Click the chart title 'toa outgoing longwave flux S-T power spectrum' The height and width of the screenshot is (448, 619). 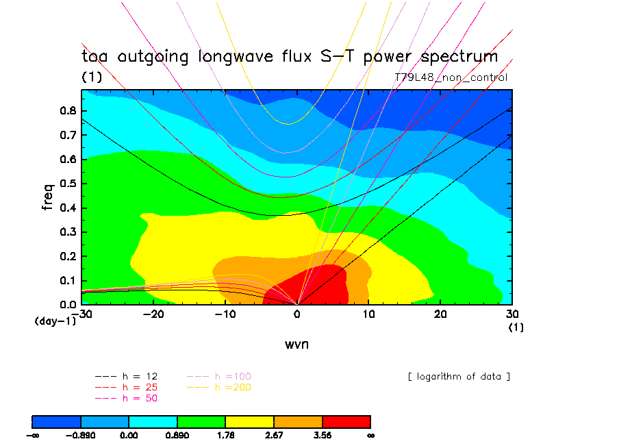pos(290,56)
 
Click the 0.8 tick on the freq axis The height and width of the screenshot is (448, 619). pos(68,111)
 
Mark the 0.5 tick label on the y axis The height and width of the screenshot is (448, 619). pos(68,184)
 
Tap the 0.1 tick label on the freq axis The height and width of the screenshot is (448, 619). pos(68,280)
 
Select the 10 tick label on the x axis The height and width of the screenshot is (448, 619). pos(368,313)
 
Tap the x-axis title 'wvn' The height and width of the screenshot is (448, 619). pos(296,344)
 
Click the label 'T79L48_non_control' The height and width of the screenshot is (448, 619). pos(451,77)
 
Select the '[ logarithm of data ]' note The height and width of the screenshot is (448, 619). pos(459,377)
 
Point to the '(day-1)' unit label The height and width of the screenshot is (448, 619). pos(55,321)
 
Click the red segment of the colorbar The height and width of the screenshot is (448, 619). pos(346,421)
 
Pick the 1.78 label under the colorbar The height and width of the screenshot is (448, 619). pos(225,435)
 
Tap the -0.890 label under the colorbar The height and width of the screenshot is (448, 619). pos(81,435)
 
